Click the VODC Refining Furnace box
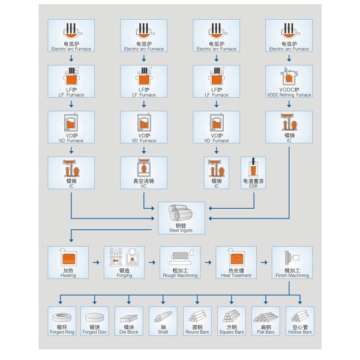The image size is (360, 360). pos(289,82)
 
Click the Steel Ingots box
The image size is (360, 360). pos(180,217)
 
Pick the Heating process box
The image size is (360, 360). pos(68,262)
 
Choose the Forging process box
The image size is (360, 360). pos(124,262)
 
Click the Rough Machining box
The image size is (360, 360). pos(180,262)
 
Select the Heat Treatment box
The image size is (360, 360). pos(236,262)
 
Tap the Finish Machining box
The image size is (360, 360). pos(292,262)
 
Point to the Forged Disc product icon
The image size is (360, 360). pos(95,320)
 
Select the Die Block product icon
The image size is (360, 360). pos(129,320)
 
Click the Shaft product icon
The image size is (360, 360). pos(163,320)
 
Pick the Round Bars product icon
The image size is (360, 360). pos(197,320)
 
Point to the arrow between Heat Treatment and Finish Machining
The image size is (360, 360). pos(264,263)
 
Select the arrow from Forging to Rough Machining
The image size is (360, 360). pos(152,263)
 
